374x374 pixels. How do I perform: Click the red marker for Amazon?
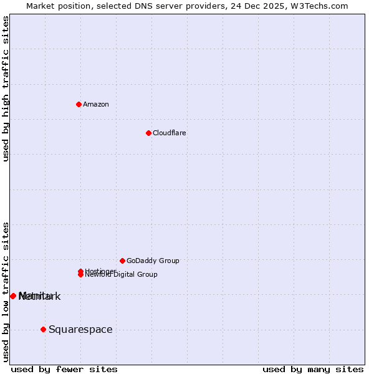click(x=79, y=104)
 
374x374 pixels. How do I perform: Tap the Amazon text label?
click(x=96, y=104)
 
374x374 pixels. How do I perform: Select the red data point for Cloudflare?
click(x=148, y=133)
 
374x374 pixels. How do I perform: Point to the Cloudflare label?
click(x=170, y=133)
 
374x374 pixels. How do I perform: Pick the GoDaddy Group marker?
click(x=122, y=261)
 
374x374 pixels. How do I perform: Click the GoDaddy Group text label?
click(x=153, y=261)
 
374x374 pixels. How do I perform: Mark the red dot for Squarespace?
click(x=43, y=329)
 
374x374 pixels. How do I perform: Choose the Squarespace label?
click(x=80, y=330)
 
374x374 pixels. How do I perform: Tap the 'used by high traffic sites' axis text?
click(x=6, y=89)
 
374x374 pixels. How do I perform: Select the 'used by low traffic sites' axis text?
click(x=6, y=291)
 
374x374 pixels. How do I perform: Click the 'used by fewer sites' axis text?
click(x=64, y=369)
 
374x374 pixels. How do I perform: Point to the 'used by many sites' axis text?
click(x=313, y=369)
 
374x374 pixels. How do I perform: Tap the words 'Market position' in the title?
click(x=54, y=6)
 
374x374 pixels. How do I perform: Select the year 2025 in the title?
click(x=278, y=6)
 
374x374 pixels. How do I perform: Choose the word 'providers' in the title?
click(x=207, y=6)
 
